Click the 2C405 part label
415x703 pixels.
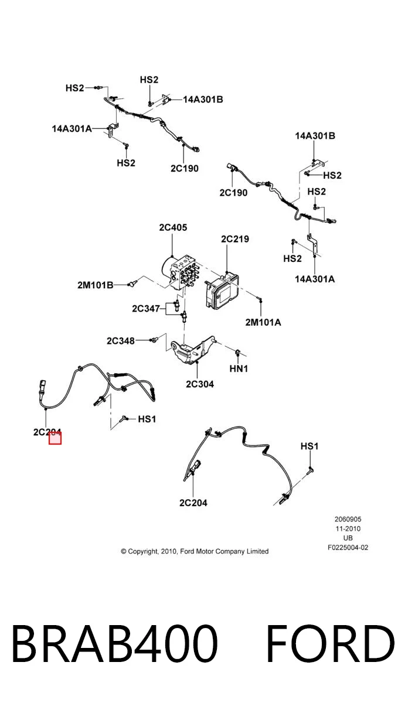173,227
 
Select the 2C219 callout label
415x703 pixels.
235,239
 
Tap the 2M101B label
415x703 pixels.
96,285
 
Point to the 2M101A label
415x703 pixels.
263,322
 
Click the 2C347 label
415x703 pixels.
146,309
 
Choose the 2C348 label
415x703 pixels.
121,341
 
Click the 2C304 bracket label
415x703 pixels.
200,384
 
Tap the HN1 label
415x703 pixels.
239,368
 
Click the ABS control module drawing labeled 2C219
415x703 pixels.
222,291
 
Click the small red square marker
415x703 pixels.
55,438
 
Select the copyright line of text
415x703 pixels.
195,551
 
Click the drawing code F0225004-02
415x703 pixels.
348,548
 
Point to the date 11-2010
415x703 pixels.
348,529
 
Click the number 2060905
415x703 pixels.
348,520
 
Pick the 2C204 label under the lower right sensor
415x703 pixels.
193,503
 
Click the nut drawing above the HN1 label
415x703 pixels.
238,353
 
